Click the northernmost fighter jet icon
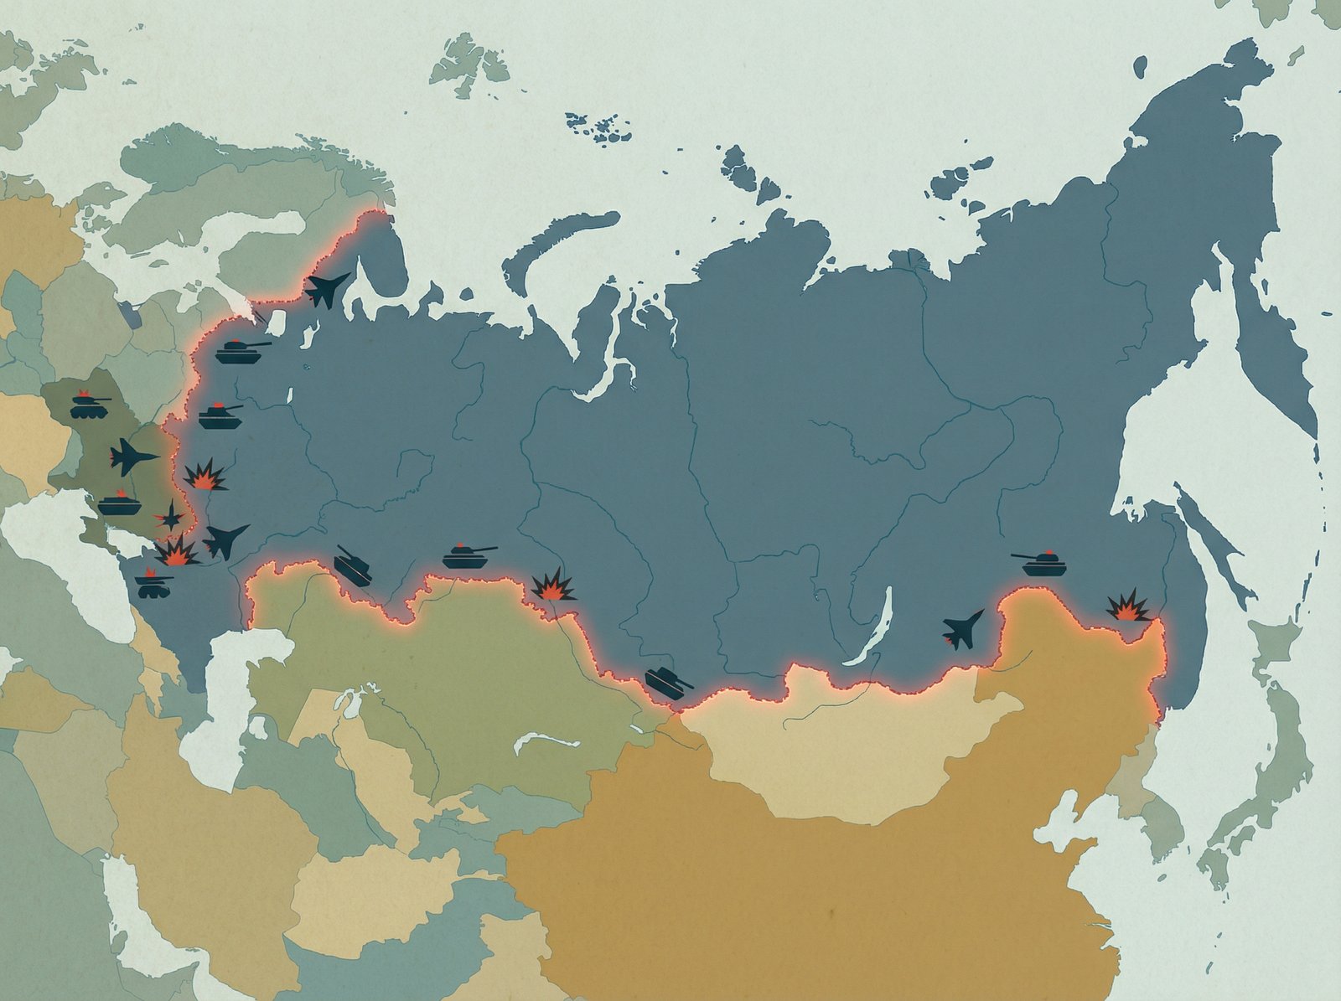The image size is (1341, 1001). pos(327,287)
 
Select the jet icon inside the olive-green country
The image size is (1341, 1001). pos(132,457)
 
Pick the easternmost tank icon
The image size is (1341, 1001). pos(1039,562)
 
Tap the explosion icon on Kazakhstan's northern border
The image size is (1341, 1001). pos(553,585)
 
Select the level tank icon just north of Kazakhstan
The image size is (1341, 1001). pos(469,556)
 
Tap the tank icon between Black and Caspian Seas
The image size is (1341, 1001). pos(153,583)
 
